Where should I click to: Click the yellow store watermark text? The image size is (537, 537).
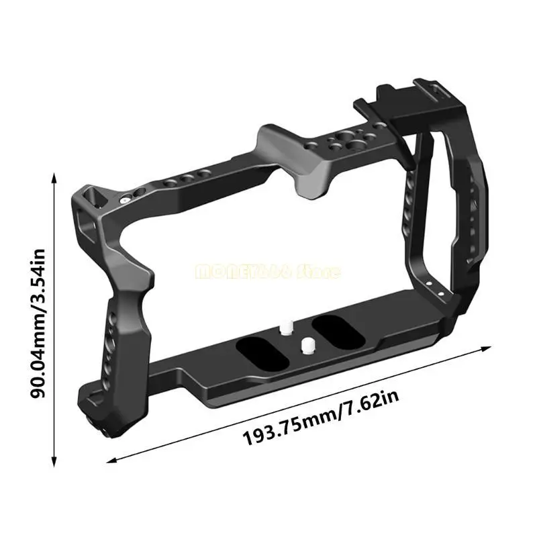(x=268, y=272)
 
